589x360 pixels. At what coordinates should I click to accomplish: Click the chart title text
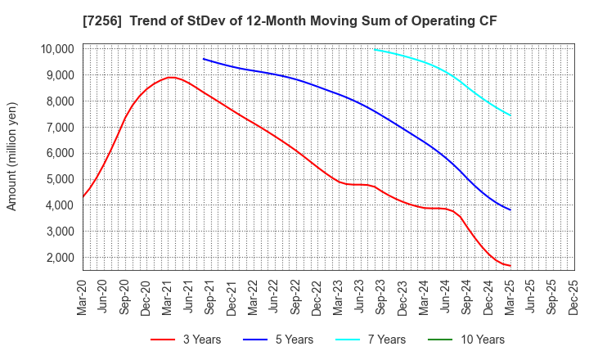tap(294, 18)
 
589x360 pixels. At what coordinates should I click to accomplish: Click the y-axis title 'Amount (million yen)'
tap(12, 156)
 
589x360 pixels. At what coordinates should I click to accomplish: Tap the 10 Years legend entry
tap(479, 340)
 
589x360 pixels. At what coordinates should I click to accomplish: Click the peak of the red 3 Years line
tap(169, 78)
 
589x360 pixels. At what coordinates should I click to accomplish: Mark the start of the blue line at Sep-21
tap(204, 59)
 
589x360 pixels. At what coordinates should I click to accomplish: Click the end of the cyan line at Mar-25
tap(510, 115)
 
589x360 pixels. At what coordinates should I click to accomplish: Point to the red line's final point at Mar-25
tap(510, 266)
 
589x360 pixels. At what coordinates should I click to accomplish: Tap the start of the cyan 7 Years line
tap(374, 49)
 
